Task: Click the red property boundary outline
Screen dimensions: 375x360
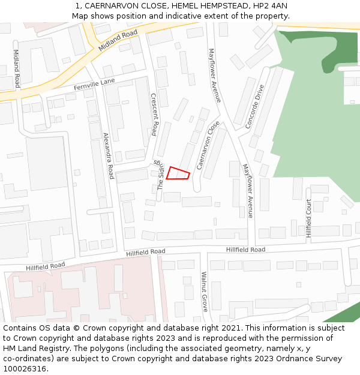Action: pyautogui.click(x=178, y=173)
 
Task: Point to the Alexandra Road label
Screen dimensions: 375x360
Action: pyautogui.click(x=108, y=156)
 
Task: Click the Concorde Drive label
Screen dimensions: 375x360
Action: pyautogui.click(x=255, y=107)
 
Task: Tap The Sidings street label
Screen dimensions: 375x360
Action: pyautogui.click(x=160, y=175)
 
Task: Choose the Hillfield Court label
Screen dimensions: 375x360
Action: pyautogui.click(x=309, y=218)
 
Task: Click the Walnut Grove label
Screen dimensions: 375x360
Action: pyautogui.click(x=204, y=292)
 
